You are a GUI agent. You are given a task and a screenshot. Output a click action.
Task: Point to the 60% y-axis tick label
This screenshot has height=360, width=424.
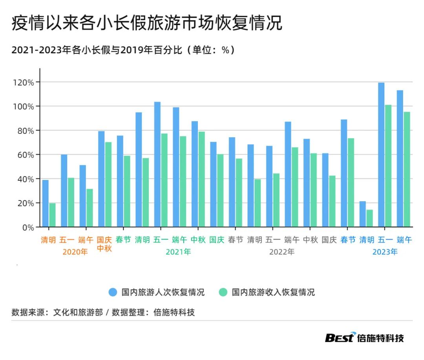coord(27,155)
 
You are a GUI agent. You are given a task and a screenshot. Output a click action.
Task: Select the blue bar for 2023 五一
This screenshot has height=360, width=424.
coord(381,155)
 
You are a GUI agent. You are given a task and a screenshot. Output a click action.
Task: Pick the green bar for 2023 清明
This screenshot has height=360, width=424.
coord(369,218)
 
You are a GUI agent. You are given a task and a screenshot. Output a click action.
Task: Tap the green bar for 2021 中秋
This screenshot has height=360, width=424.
coord(201,179)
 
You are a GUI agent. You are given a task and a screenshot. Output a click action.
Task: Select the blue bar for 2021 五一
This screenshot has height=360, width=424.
coord(157,164)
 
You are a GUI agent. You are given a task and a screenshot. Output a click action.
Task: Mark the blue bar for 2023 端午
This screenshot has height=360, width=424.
coord(400,159)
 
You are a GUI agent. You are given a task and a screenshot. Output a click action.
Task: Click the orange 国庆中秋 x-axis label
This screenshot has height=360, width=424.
coord(104,244)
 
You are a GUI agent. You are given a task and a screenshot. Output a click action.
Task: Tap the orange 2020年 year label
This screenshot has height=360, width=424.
coord(75,252)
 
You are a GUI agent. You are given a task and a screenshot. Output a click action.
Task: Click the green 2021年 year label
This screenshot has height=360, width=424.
coord(178,252)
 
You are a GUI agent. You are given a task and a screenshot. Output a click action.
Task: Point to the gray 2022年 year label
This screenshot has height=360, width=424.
coord(281,252)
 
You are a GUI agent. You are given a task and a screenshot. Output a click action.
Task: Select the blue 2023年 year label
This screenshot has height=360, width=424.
coord(385,252)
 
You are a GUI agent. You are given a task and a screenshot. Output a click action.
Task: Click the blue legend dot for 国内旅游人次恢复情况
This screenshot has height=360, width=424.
coord(113,292)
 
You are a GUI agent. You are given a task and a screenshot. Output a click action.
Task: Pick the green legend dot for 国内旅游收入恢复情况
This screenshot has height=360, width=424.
coord(223,292)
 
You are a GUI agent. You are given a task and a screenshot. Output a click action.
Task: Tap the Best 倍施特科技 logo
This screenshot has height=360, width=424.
coord(364,337)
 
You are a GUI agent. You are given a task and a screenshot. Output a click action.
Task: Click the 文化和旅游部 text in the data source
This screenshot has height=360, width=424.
coord(78,313)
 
